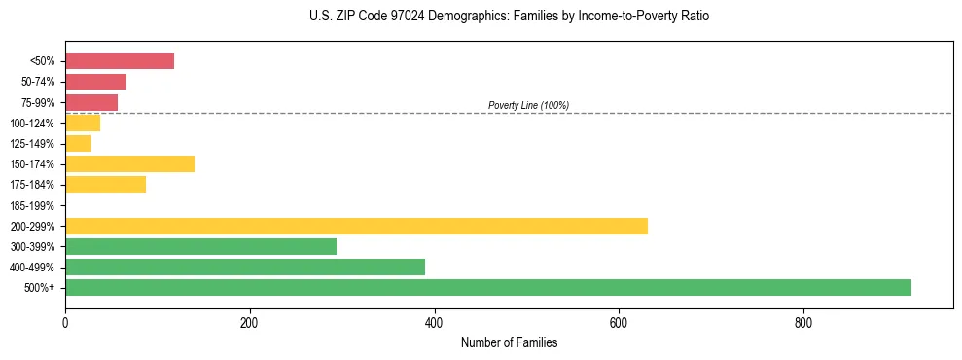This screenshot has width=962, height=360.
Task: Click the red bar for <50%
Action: (x=120, y=61)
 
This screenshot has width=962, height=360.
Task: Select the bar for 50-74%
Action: (x=95, y=82)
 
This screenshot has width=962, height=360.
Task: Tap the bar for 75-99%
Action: (x=91, y=102)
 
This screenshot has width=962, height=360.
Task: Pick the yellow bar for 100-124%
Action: (x=83, y=123)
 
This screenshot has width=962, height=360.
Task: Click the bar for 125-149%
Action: (x=78, y=143)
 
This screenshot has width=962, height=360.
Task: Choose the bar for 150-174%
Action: (x=129, y=163)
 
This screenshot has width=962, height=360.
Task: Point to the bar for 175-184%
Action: (x=105, y=184)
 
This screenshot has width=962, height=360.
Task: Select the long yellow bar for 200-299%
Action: (x=356, y=226)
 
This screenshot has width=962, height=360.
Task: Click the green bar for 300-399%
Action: (x=200, y=246)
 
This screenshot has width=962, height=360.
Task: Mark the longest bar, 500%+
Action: (x=488, y=287)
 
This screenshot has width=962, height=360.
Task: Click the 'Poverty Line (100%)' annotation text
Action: (x=528, y=105)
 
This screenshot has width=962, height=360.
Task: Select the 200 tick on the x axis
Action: (x=250, y=322)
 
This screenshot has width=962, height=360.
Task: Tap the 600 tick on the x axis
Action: (x=619, y=322)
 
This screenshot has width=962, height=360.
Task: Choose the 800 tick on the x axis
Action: (x=803, y=322)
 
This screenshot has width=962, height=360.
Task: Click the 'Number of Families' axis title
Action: (x=509, y=342)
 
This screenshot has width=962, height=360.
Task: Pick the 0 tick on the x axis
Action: (x=65, y=322)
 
